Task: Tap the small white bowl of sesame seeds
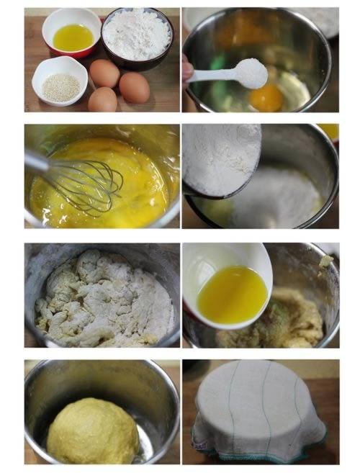tap(60, 81)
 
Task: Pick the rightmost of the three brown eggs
tap(135, 87)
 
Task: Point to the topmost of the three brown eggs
tap(105, 73)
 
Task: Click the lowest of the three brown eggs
tap(102, 99)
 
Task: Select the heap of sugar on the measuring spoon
tap(252, 71)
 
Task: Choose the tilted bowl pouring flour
tap(220, 158)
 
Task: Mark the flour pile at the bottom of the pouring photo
tap(277, 198)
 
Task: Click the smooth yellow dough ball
tap(92, 431)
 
